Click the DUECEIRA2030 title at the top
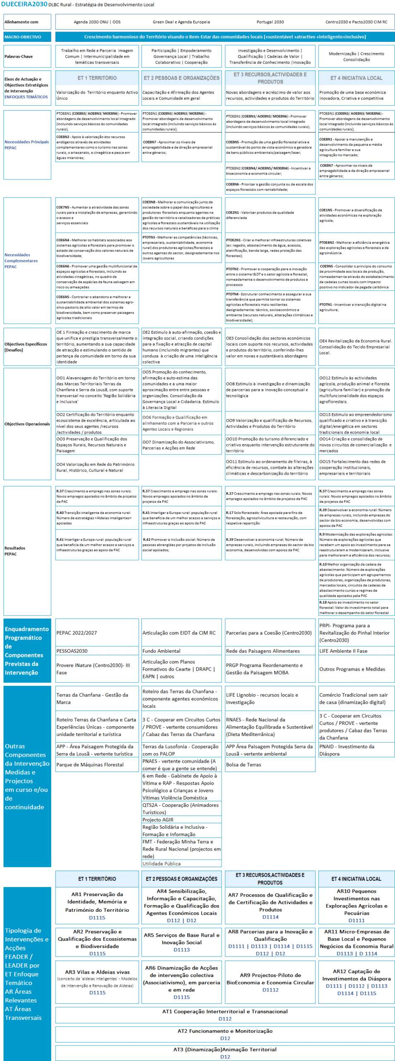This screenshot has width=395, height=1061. (x=24, y=4)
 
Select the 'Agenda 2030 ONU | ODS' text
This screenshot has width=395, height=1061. (x=97, y=22)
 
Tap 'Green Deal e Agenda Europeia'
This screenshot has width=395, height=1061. (x=181, y=22)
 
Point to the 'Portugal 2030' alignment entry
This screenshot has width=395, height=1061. (x=270, y=22)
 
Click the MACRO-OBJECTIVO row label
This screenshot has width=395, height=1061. (x=23, y=37)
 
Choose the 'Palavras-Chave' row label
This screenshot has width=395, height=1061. (x=19, y=56)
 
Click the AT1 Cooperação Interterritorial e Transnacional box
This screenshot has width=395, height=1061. (x=225, y=1015)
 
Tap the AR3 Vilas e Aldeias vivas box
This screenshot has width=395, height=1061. (x=97, y=982)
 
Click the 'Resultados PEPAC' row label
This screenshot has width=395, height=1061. (x=15, y=551)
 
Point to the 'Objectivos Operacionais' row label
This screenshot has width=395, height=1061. (x=27, y=424)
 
